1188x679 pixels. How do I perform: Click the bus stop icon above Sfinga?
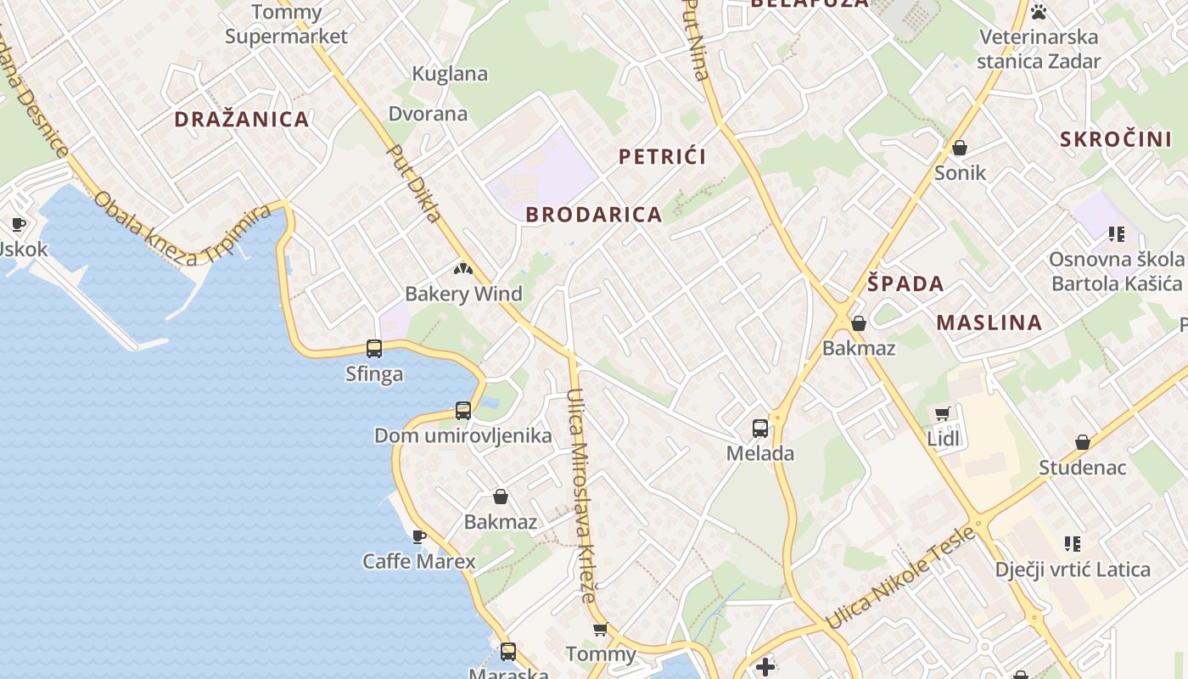pos(374,348)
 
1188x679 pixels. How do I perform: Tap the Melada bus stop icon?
pos(760,429)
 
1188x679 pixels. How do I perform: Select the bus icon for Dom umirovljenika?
pos(463,411)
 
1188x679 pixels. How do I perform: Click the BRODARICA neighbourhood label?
pos(593,215)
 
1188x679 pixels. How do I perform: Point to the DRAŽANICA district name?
pos(242,119)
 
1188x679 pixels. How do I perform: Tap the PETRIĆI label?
pos(663,156)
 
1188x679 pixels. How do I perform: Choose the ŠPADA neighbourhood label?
pos(905,283)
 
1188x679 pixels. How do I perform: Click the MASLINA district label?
pos(989,323)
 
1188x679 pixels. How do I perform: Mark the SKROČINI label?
pos(1116,139)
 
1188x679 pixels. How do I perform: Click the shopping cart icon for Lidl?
pos(943,414)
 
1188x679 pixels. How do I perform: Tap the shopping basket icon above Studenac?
pos(1083,442)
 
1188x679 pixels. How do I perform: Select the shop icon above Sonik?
pos(960,149)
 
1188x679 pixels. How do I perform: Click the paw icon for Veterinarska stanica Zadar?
pos(1039,12)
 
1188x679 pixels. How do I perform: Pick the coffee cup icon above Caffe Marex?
pos(418,536)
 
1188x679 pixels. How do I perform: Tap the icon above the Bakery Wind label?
pos(462,270)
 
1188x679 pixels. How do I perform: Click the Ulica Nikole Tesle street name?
pos(900,578)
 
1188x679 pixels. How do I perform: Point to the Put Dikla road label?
pos(415,183)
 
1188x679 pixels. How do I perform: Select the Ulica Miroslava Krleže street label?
pos(581,494)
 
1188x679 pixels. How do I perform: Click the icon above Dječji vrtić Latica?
pos(1073,543)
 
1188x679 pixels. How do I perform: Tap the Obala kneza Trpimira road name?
pos(182,228)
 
